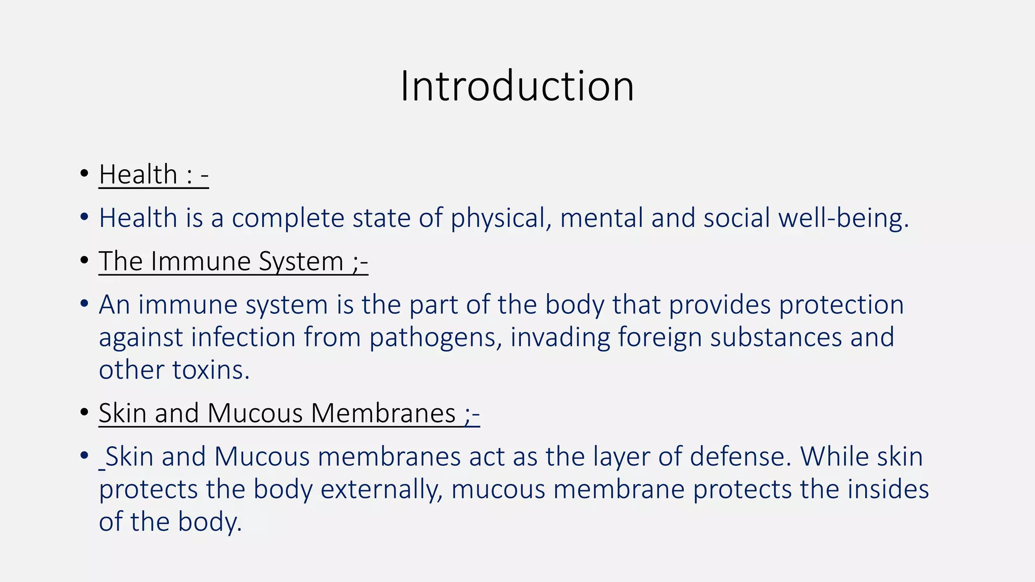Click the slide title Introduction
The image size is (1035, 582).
click(517, 86)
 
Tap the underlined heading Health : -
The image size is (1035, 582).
click(154, 175)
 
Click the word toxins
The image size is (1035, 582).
click(211, 370)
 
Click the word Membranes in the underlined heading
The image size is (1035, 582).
click(383, 413)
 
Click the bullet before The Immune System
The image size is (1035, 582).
click(84, 261)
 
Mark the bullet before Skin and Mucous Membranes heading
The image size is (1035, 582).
click(84, 413)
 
